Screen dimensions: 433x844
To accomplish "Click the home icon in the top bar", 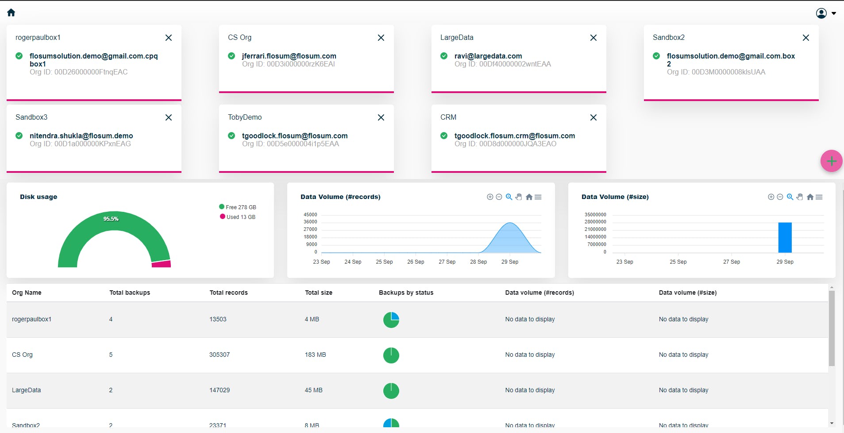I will (12, 13).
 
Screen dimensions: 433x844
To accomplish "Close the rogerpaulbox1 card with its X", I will (169, 38).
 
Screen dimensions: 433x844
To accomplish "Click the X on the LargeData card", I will (593, 38).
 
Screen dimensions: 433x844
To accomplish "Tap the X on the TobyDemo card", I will (381, 118).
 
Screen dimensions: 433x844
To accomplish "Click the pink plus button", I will (831, 161).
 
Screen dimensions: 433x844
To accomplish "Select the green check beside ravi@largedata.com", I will (444, 56).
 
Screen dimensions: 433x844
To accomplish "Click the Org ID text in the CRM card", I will (505, 144).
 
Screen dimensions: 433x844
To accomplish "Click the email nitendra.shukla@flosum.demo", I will (81, 136).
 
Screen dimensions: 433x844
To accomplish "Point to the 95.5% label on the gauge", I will (111, 219).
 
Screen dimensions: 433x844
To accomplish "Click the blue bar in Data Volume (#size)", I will (785, 238).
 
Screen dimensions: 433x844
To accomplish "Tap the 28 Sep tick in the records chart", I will (478, 262).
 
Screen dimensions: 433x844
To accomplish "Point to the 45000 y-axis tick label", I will (310, 215).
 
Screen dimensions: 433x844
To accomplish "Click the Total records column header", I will (228, 293).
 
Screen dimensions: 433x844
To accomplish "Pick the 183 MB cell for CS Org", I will (315, 355).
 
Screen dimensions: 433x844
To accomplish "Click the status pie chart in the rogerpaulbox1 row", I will (391, 320).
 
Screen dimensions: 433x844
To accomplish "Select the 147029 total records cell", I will (220, 390).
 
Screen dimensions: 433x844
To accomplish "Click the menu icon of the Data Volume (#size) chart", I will (819, 197).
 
